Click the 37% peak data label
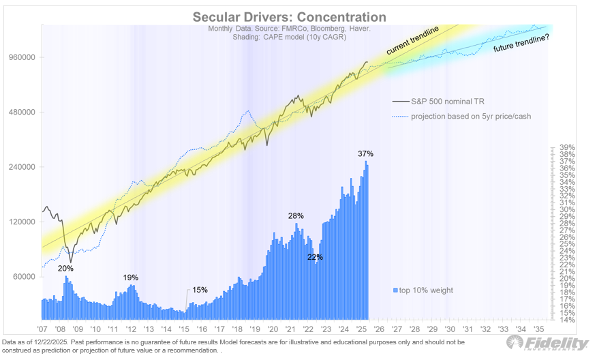pyautogui.click(x=366, y=153)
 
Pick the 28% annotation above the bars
pyautogui.click(x=296, y=215)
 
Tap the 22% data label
pyautogui.click(x=315, y=257)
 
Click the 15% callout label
pyautogui.click(x=200, y=289)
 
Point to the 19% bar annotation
pyautogui.click(x=131, y=277)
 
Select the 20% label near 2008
pyautogui.click(x=65, y=268)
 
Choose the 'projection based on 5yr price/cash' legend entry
pyautogui.click(x=470, y=116)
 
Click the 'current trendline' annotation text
pyautogui.click(x=414, y=42)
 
